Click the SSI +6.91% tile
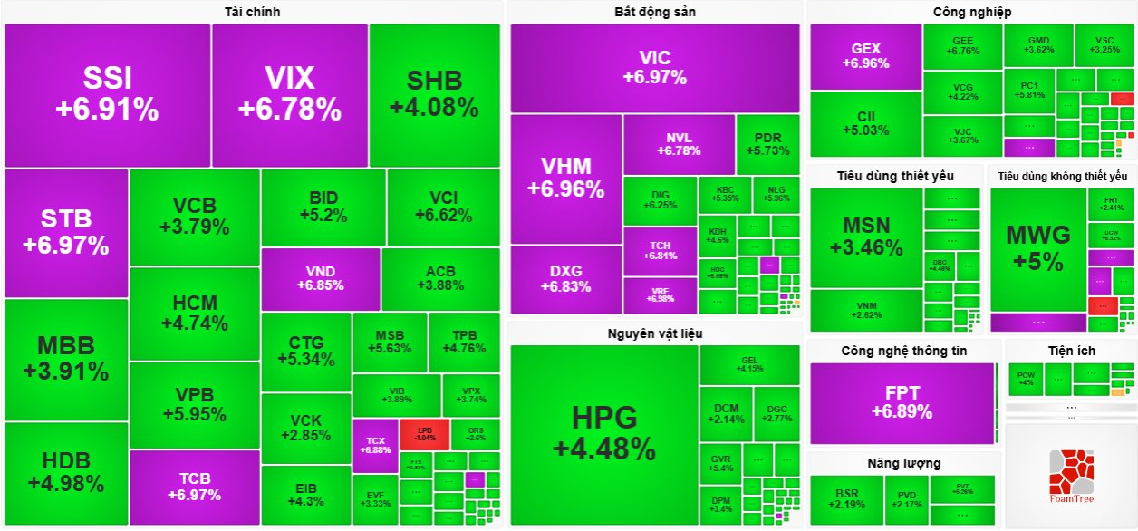click(x=107, y=95)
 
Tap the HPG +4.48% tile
click(x=604, y=433)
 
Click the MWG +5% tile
click(x=1038, y=248)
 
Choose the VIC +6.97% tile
click(x=654, y=68)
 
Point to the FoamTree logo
click(x=1071, y=478)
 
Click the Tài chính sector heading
click(x=252, y=12)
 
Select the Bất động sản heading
click(x=654, y=12)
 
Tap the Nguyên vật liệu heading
click(x=654, y=333)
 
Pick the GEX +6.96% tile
click(x=865, y=56)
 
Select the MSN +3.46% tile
click(x=866, y=237)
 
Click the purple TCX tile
click(x=375, y=445)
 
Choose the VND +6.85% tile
click(x=320, y=279)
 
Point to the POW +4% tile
click(x=1026, y=378)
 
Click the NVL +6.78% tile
click(x=678, y=144)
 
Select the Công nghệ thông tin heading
click(x=903, y=351)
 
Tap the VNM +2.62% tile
click(x=866, y=310)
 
